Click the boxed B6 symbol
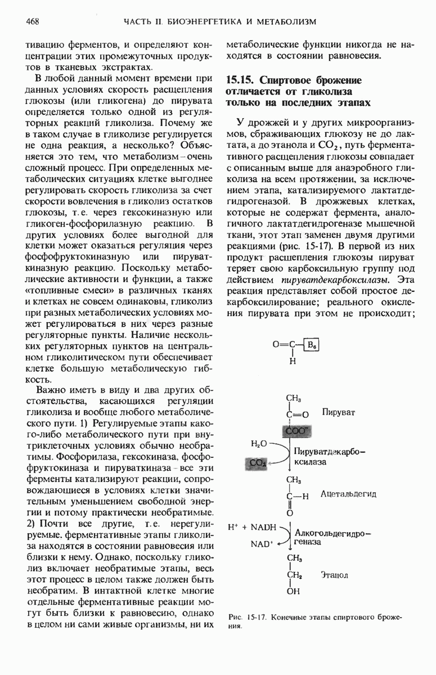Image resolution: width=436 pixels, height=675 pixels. coord(311,346)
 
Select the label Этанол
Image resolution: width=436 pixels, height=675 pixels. coord(335,575)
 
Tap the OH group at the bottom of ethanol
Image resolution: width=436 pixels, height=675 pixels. coord(294,591)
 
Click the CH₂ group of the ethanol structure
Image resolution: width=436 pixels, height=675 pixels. coord(295,575)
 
